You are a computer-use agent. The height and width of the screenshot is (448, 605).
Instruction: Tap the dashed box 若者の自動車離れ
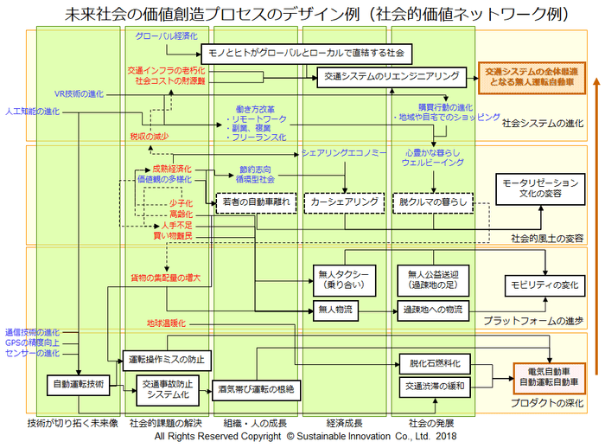coord(256,202)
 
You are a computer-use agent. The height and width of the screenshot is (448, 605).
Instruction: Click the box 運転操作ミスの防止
coord(165,358)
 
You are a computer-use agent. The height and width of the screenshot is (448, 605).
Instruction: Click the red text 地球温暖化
coord(166,323)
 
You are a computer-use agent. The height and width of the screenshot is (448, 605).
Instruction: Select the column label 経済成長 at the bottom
coord(344,424)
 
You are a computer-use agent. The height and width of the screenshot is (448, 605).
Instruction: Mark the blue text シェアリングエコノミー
coord(344,152)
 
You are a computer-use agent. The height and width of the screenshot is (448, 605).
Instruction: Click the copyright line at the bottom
coord(302,438)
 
